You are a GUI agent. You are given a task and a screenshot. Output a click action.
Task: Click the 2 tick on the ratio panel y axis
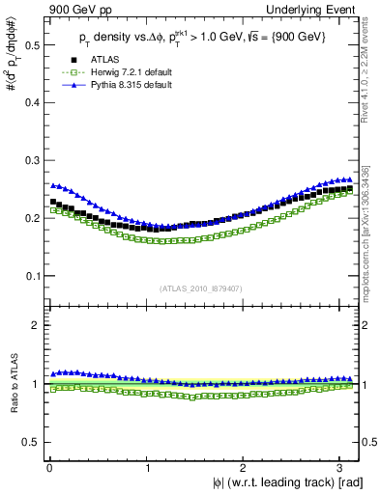point(37,325)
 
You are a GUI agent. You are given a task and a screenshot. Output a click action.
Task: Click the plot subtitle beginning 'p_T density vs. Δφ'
point(203,36)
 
